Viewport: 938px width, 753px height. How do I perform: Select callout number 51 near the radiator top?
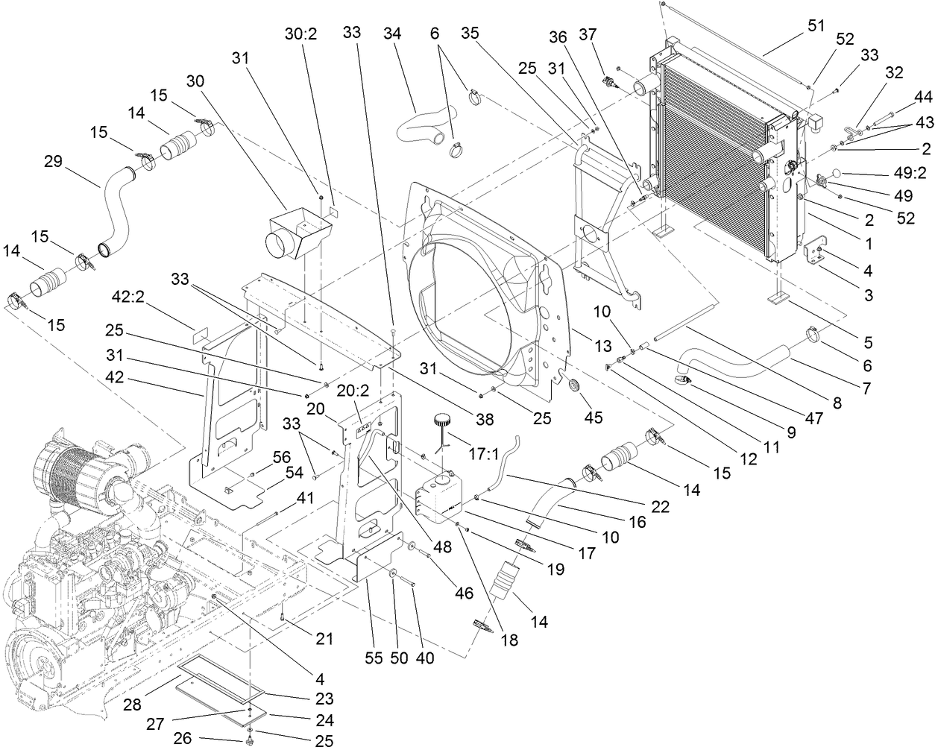coord(816,25)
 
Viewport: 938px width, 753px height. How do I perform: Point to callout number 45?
coord(594,417)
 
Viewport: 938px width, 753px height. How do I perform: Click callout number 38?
coord(485,420)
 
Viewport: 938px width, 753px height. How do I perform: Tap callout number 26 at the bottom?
coord(183,738)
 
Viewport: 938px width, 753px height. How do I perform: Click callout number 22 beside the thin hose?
coord(661,506)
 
